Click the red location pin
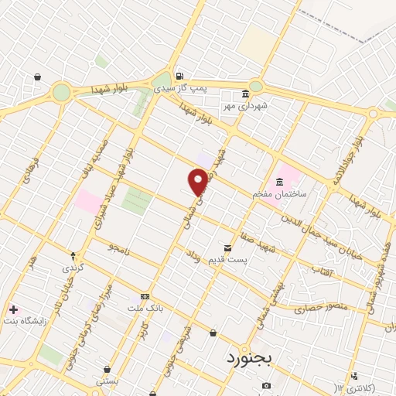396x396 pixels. point(199,181)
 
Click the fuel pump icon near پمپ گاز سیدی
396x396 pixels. point(179,76)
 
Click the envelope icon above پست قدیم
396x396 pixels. point(227,247)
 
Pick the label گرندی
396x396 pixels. point(74,267)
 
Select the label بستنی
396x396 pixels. point(107,381)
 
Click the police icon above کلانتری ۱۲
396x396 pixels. point(354,376)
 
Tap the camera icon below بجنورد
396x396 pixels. point(266,385)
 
